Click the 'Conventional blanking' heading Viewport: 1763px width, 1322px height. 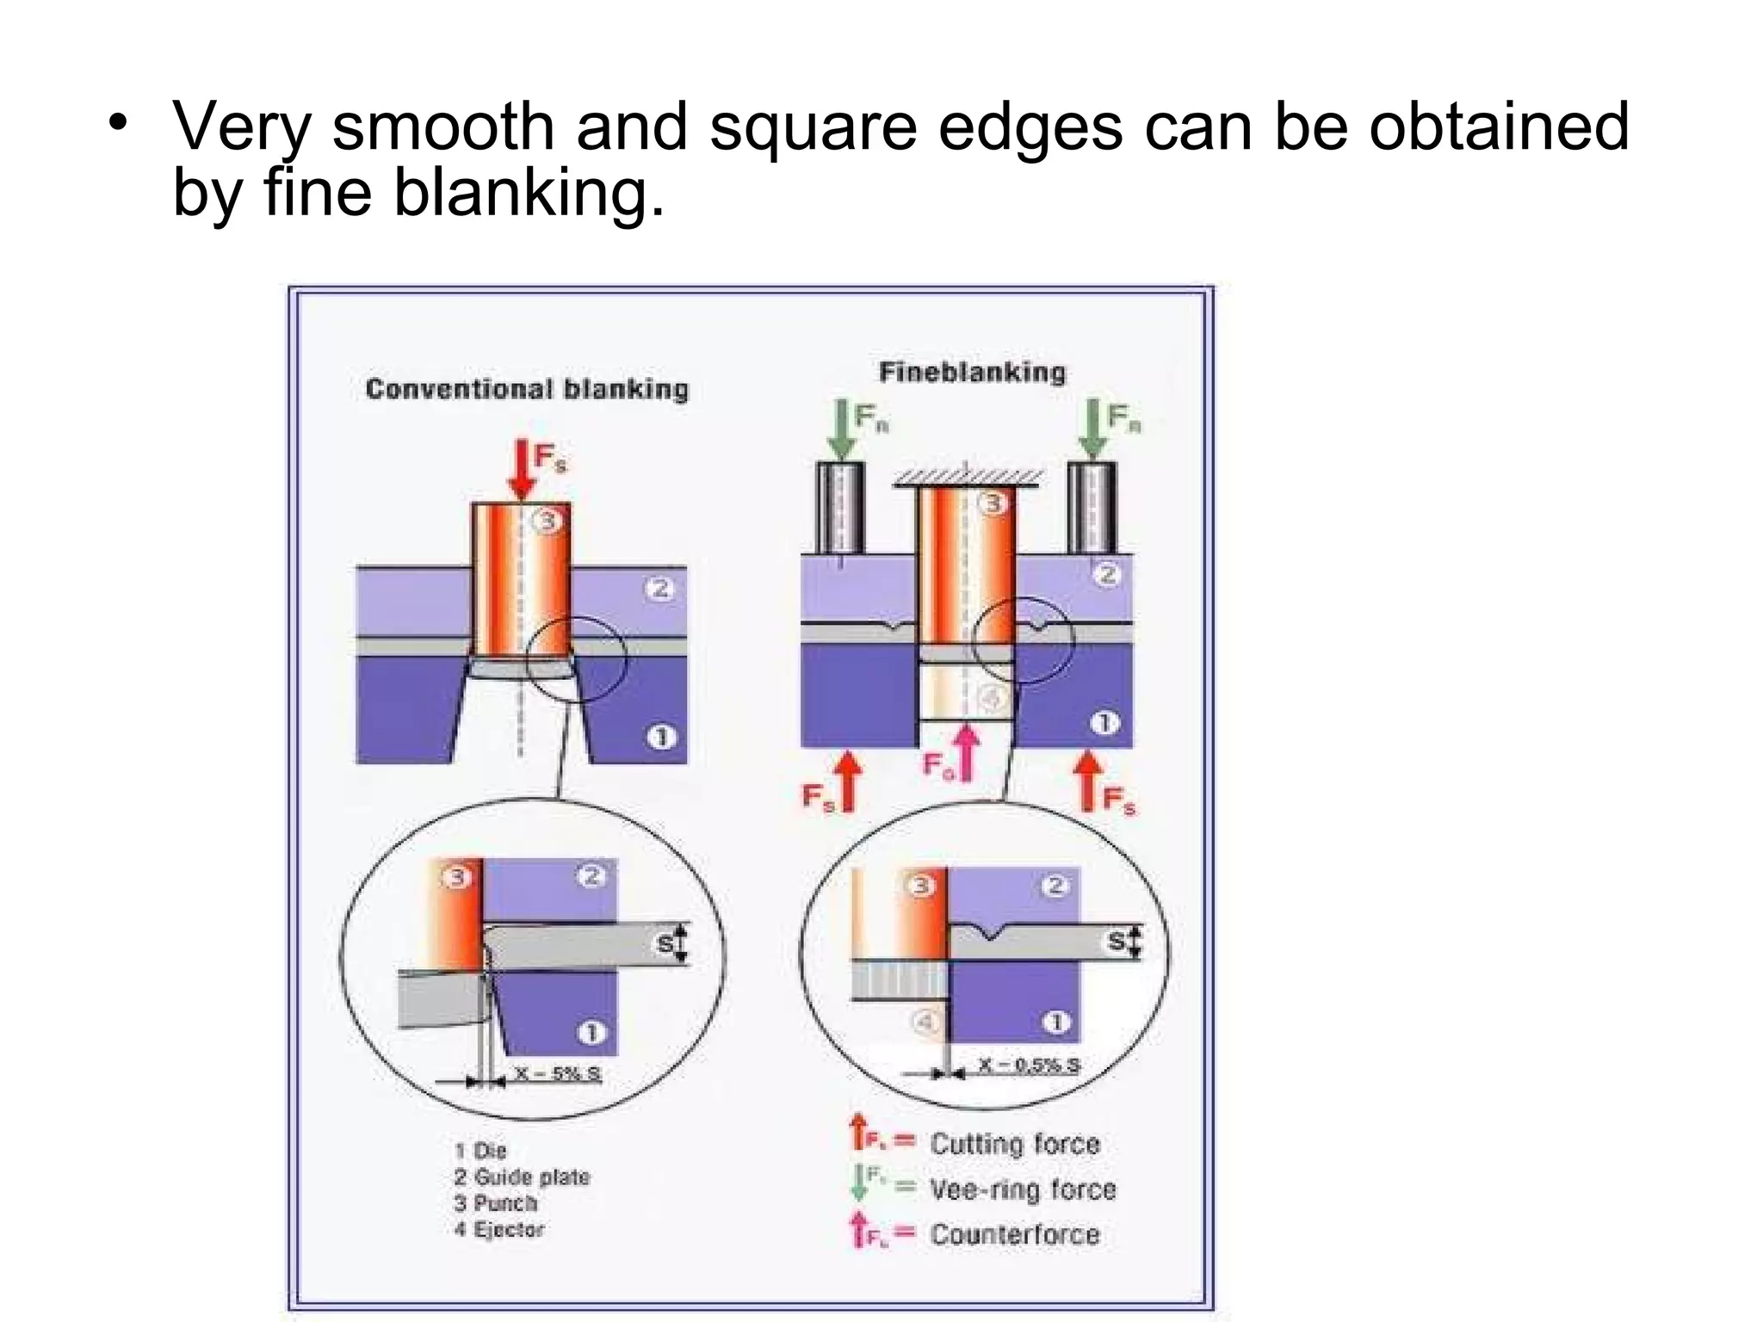pyautogui.click(x=527, y=389)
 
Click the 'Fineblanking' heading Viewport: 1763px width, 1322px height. pyautogui.click(x=972, y=372)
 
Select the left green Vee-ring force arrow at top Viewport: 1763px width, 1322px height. pyautogui.click(x=841, y=429)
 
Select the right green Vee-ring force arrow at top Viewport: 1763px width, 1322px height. pyautogui.click(x=1093, y=429)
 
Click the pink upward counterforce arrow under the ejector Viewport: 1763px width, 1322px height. pyautogui.click(x=968, y=753)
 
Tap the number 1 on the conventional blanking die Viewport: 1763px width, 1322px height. pyautogui.click(x=661, y=738)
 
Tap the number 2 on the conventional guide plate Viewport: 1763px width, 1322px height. pyautogui.click(x=660, y=589)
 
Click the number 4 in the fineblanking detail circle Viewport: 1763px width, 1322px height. pyautogui.click(x=925, y=1022)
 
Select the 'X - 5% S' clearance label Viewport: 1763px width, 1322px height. pyautogui.click(x=558, y=1073)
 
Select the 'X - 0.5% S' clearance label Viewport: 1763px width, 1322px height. pyautogui.click(x=1028, y=1065)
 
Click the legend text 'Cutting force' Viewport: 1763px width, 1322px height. pyautogui.click(x=1015, y=1144)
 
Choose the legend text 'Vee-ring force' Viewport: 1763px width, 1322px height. pyautogui.click(x=1023, y=1189)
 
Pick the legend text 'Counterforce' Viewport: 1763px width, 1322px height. pyautogui.click(x=1015, y=1234)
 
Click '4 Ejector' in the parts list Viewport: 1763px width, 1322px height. pyautogui.click(x=499, y=1229)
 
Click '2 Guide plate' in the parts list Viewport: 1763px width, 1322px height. pyautogui.click(x=522, y=1177)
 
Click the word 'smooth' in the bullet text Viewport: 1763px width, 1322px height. pyautogui.click(x=443, y=127)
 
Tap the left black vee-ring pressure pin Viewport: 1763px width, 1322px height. pyautogui.click(x=840, y=508)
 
